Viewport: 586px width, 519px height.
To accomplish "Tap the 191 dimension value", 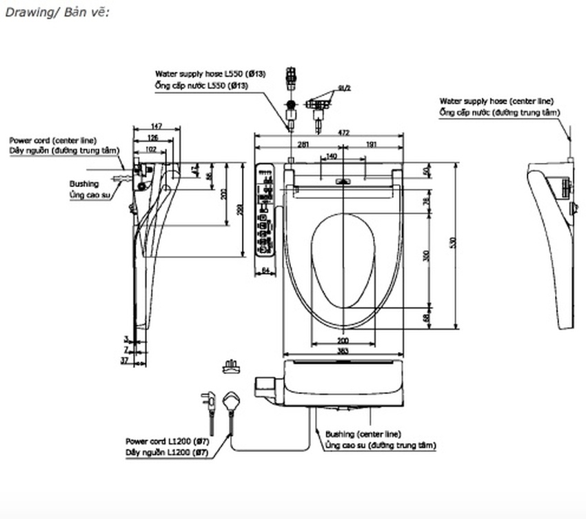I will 371,144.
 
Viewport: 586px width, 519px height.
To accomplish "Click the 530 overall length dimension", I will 454,244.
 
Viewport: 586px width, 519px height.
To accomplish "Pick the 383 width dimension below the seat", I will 343,351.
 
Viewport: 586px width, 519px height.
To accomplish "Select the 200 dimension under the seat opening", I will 343,341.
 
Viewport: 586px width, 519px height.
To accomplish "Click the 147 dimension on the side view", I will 156,126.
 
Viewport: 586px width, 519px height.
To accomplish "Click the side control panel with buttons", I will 265,210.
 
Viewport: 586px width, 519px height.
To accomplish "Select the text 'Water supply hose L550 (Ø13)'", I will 210,73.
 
